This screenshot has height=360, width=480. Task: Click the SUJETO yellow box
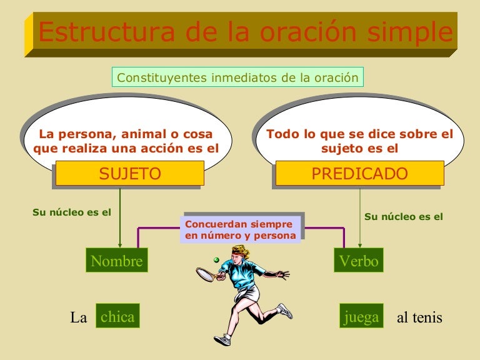pos(129,173)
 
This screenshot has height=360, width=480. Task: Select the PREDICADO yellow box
pos(359,173)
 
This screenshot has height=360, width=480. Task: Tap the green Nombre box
pos(117,261)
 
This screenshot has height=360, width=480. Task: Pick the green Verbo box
pos(359,261)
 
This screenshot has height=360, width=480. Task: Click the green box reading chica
pos(117,317)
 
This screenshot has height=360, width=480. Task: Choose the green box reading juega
pos(361,317)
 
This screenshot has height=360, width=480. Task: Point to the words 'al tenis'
pos(419,317)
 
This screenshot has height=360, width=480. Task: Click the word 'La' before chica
pos(79,317)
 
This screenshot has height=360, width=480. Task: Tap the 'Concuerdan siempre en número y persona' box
pos(239,229)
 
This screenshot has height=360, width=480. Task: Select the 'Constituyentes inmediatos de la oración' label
pos(237,78)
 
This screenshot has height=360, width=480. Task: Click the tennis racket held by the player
pos(205,274)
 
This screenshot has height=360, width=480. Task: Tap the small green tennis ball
pos(216,259)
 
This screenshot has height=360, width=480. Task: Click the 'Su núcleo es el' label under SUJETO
pos(71,212)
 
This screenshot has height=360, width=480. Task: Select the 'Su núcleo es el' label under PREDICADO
pos(403,217)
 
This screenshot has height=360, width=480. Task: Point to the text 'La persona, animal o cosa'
pos(126,134)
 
